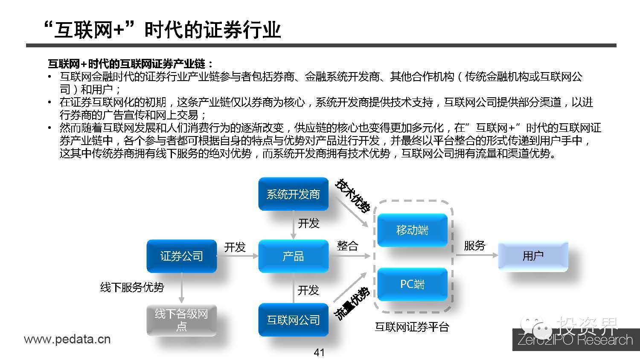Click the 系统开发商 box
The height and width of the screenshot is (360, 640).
pos(293,195)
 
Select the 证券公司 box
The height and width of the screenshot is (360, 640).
pos(181,256)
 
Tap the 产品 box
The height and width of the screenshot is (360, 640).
pos(293,256)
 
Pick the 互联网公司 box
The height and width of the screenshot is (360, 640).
pos(293,320)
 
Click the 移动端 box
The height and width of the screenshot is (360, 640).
pos(412,231)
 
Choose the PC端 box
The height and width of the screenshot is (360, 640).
pos(412,284)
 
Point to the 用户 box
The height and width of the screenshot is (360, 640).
pos(533,256)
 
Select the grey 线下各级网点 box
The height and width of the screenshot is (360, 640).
pos(181,320)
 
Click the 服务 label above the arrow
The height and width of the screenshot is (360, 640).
pos(474,246)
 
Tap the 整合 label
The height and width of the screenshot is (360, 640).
pos(347,246)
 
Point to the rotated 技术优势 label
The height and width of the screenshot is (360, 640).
pos(353,195)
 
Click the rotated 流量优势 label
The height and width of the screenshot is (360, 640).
pos(351,304)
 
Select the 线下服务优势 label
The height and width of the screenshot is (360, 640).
pos(132,287)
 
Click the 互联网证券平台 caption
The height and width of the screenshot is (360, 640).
pos(412,327)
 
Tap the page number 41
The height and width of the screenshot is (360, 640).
pos(319,352)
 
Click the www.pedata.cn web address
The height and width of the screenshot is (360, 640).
pos(67,340)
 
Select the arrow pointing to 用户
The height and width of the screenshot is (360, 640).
pos(476,255)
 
